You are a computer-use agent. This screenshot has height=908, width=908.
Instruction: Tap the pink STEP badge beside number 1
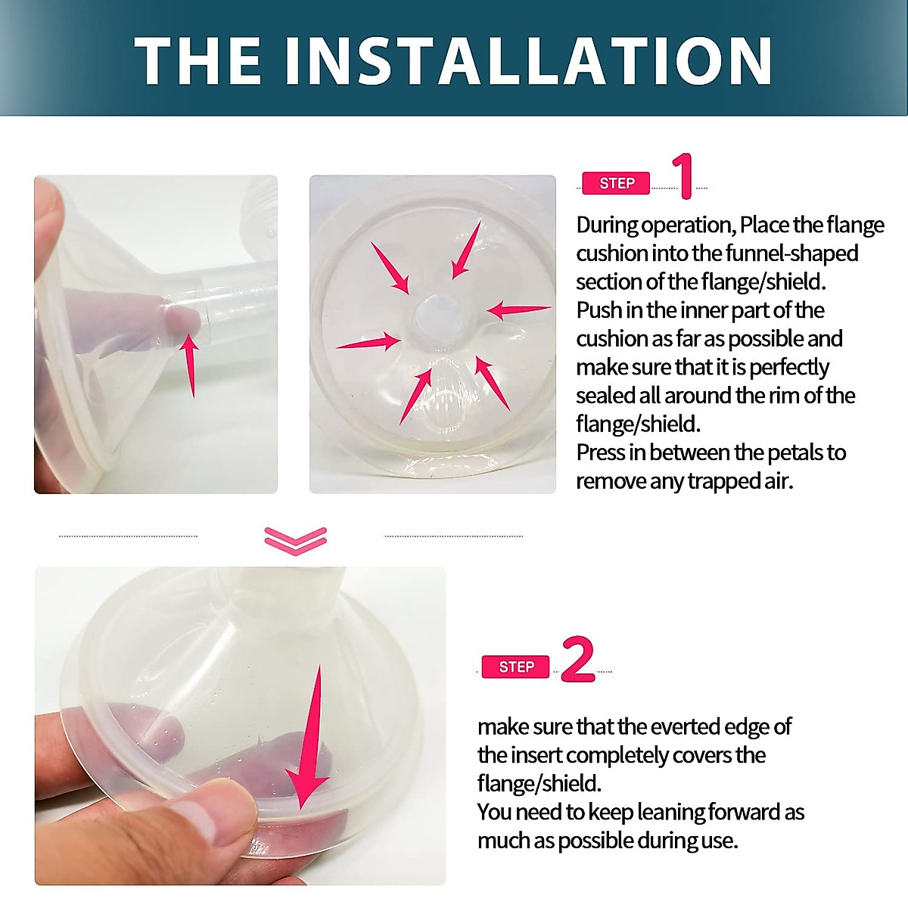(616, 183)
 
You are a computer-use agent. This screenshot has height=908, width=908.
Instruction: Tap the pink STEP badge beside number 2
(516, 667)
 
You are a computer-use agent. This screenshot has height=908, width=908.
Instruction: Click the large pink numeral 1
(684, 176)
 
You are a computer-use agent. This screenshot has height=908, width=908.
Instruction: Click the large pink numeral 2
(578, 660)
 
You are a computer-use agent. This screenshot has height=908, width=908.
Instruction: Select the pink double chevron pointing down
(296, 540)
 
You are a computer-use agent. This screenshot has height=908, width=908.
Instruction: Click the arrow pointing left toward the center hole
(519, 309)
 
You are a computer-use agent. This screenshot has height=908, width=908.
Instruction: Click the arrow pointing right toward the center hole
(368, 344)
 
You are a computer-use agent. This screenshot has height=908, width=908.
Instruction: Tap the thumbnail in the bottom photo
(212, 821)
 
